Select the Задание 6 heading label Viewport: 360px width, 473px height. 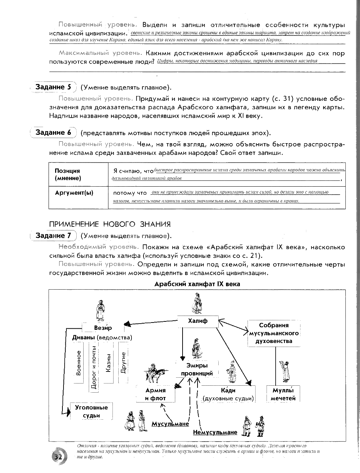53,133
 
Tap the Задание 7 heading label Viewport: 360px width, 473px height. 53,236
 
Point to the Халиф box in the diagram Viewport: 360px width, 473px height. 198,321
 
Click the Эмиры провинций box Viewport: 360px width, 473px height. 197,369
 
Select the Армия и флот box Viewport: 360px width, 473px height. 155,394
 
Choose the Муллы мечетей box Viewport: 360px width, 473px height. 283,394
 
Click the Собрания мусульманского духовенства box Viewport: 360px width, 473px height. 274,333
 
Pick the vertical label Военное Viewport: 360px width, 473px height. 78,363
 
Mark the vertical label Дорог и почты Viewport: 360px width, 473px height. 93,367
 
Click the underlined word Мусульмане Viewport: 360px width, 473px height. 170,424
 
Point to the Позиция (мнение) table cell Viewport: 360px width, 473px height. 78,175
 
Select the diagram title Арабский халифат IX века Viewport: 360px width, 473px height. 197,284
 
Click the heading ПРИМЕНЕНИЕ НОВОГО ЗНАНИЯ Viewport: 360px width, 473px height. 110,224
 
